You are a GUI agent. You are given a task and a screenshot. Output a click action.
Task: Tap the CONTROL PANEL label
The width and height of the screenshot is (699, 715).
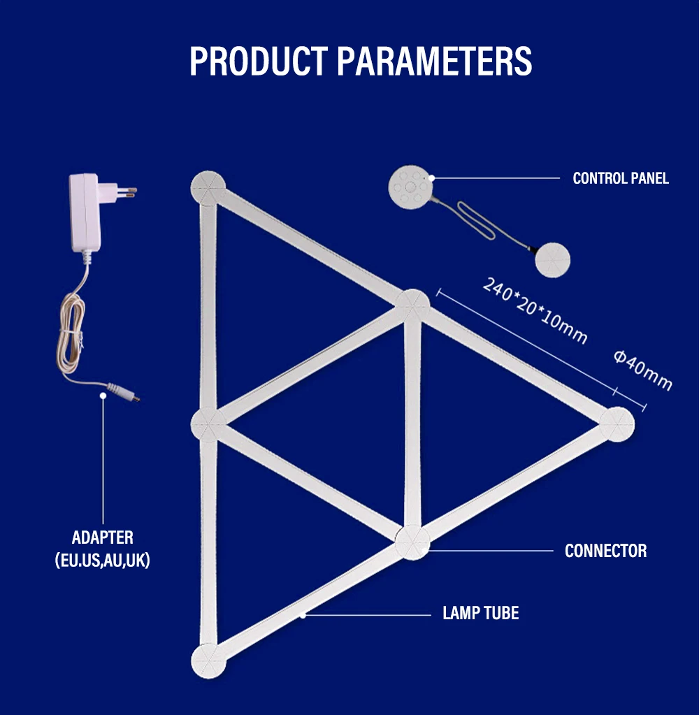pos(620,178)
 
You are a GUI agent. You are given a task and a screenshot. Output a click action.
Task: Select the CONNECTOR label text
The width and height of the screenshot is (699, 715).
pos(605,551)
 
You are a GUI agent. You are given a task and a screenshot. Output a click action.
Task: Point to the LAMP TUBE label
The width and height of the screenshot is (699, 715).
pos(481,614)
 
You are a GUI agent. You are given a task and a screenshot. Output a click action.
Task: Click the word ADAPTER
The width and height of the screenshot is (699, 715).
pos(102,537)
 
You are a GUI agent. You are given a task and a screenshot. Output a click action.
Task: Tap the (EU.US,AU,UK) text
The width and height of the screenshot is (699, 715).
pos(102,560)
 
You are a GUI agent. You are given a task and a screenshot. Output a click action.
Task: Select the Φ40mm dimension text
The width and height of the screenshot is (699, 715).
pos(643,370)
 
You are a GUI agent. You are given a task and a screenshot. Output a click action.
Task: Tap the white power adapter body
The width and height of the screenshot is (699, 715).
pos(85,214)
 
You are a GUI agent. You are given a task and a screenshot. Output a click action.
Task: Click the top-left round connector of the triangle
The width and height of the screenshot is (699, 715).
pos(208,188)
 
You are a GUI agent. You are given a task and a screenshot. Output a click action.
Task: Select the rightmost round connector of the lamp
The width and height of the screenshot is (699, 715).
pos(617,424)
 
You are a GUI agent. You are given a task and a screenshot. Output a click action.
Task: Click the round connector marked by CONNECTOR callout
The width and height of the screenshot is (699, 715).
pos(412,542)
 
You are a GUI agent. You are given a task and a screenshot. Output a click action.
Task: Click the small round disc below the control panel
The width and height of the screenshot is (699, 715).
pos(552,259)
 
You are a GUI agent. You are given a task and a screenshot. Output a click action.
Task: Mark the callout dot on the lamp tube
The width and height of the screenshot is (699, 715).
pos(303,615)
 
